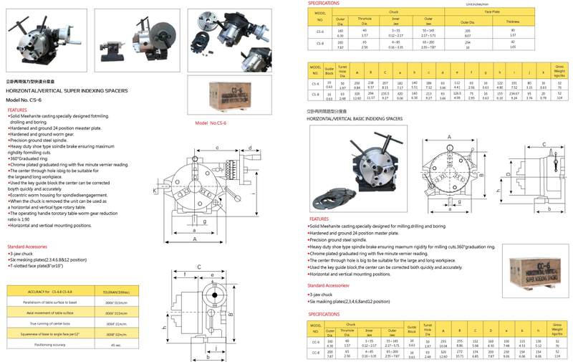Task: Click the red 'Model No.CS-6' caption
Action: coord(210,124)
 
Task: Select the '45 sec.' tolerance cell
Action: coord(117,345)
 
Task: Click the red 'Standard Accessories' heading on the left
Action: coord(27,247)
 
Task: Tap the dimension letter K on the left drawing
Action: coord(155,192)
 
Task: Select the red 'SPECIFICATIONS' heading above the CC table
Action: coord(328,314)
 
